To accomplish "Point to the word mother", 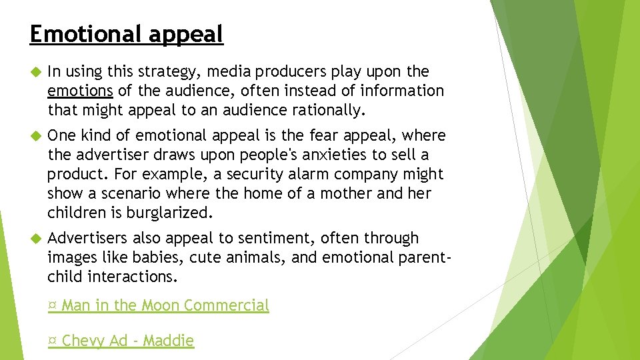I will click(357, 193).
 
